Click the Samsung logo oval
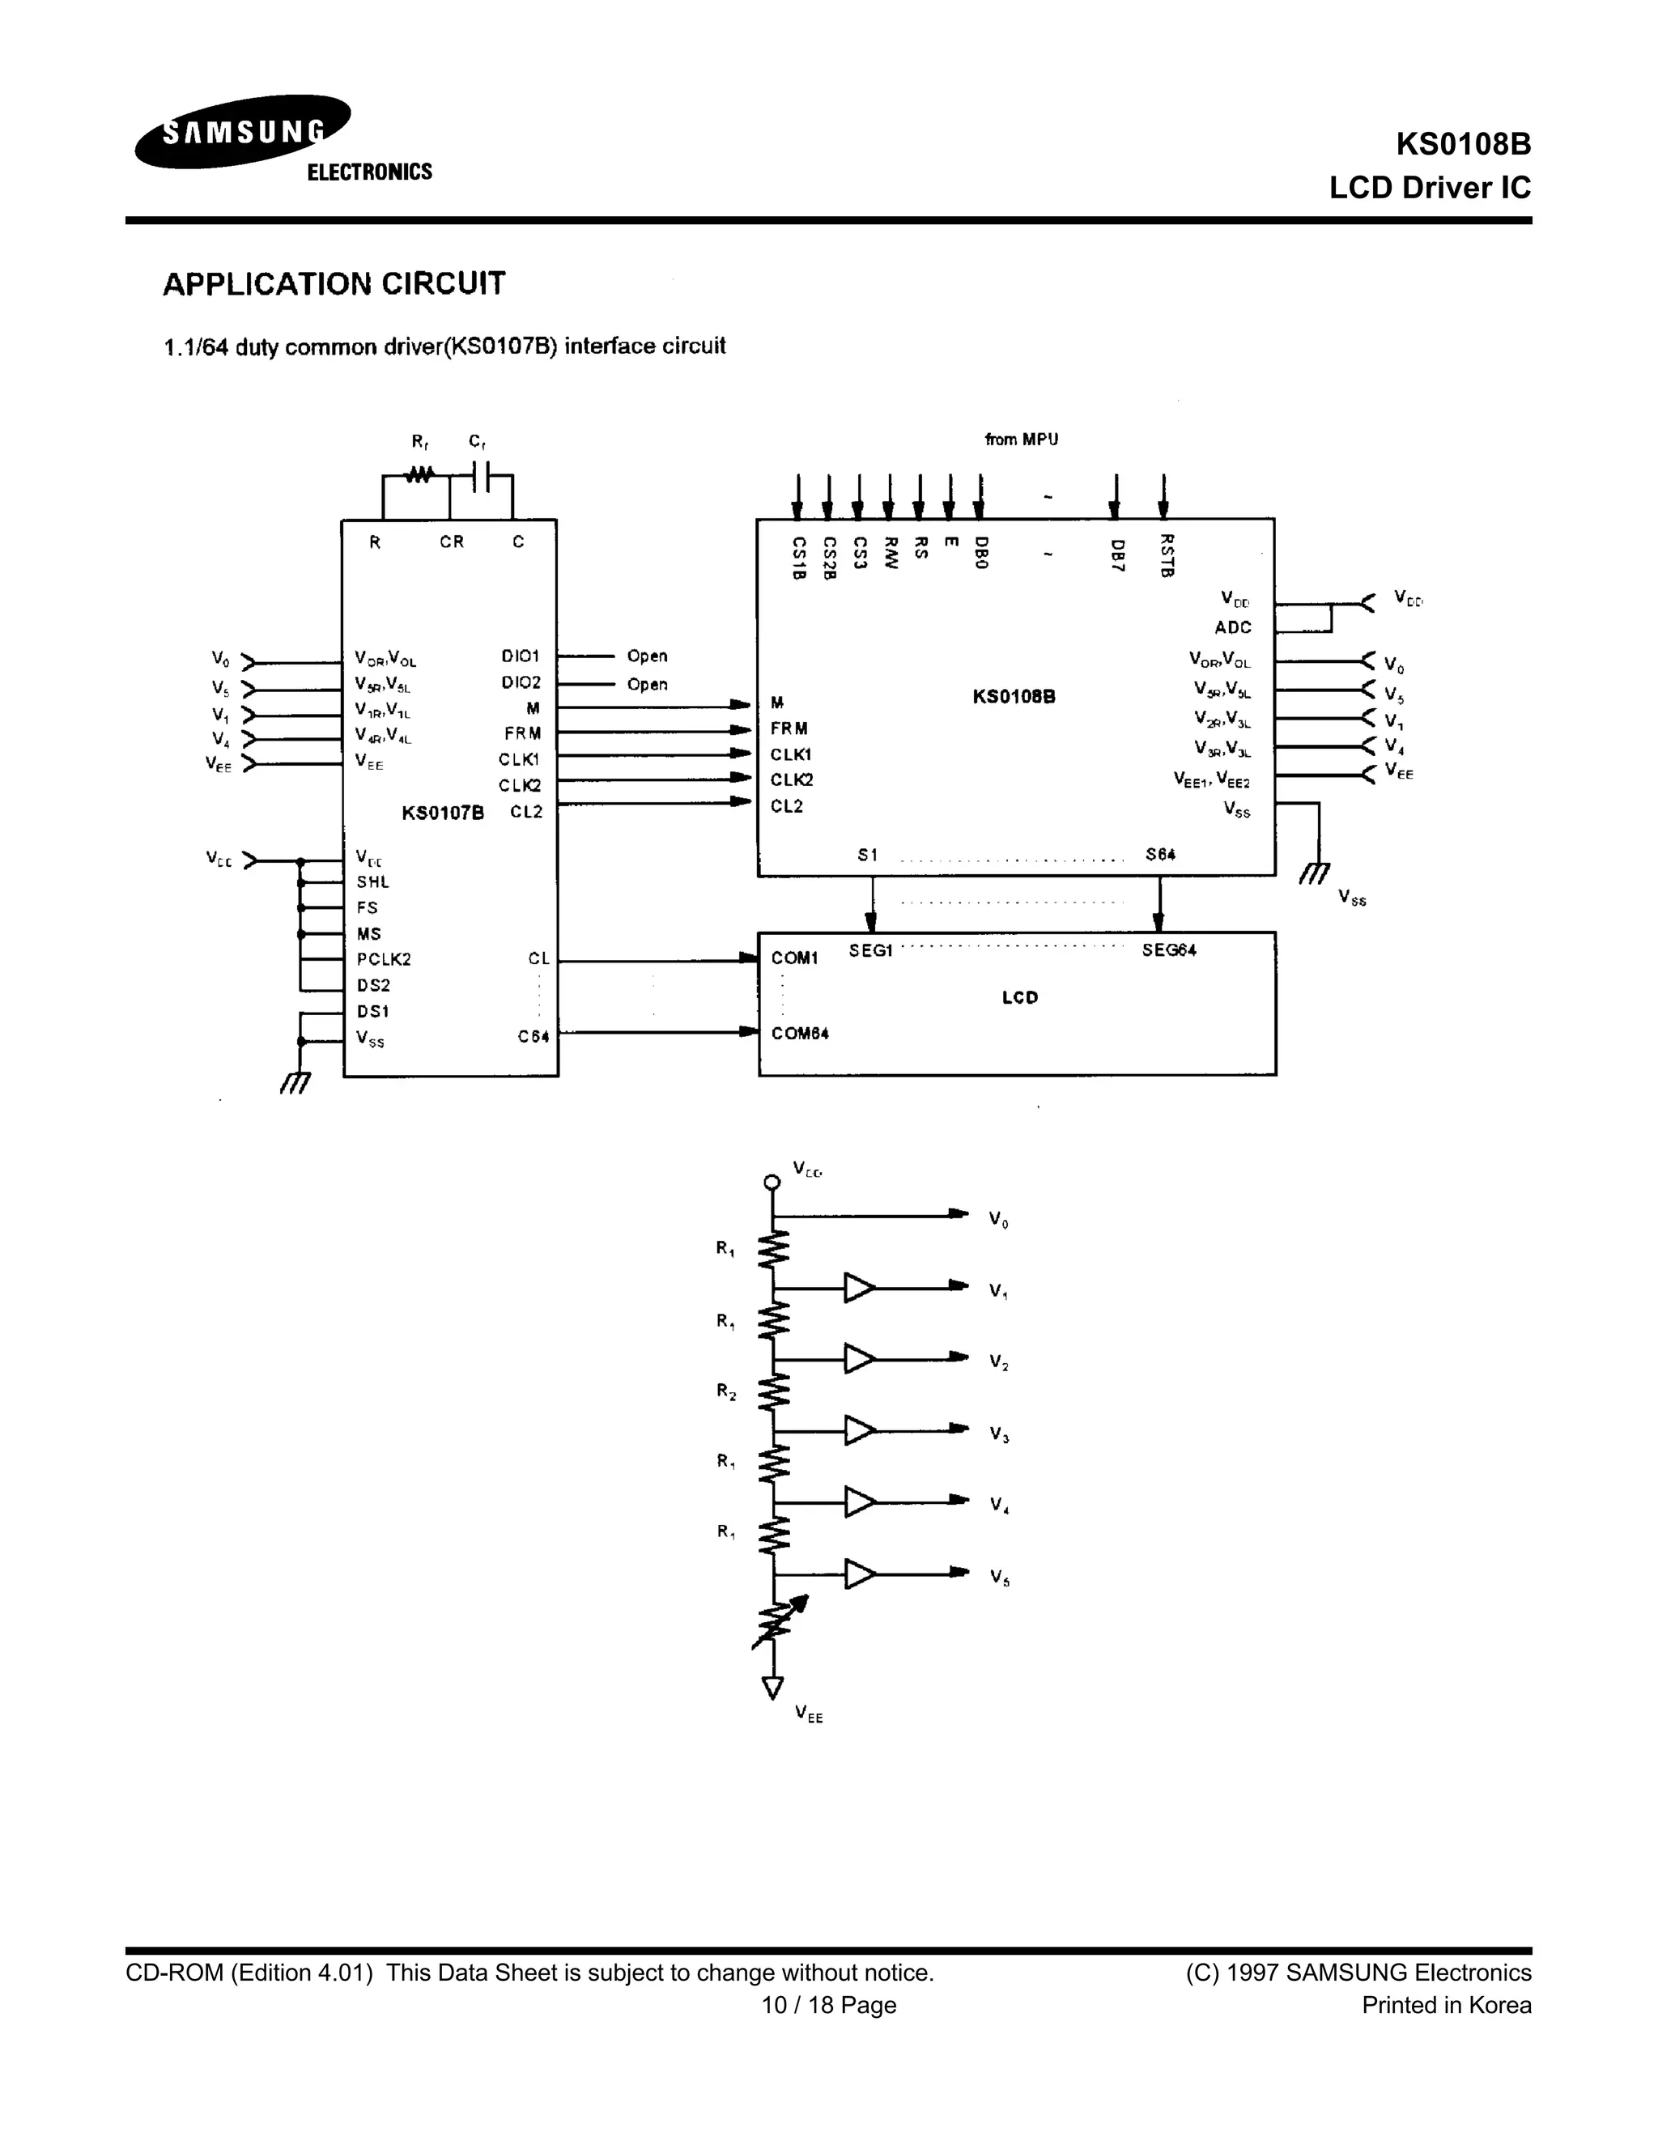243,132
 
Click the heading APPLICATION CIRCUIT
334,284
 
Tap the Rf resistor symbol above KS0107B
419,474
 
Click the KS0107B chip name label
442,812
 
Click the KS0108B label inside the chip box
1014,696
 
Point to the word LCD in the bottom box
1019,997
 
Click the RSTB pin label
1167,555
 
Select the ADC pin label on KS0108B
1233,627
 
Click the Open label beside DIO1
648,656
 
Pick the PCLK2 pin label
383,959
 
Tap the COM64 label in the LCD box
800,1033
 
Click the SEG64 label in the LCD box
1169,949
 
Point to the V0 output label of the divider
998,1220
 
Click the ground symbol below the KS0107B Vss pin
294,1082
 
